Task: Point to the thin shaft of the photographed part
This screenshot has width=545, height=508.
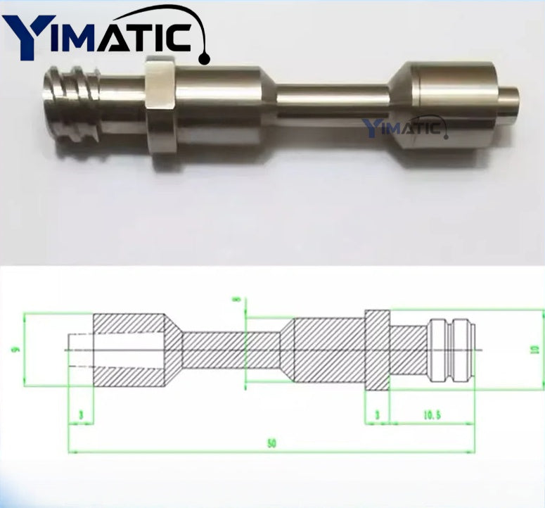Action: click(331, 103)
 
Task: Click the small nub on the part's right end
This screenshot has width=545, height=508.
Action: click(508, 101)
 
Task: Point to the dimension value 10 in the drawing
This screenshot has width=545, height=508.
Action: click(535, 348)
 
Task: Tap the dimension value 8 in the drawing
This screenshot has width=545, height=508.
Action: click(238, 301)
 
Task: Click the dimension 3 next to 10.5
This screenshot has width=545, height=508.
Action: click(377, 416)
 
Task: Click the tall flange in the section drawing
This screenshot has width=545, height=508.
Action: click(376, 348)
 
